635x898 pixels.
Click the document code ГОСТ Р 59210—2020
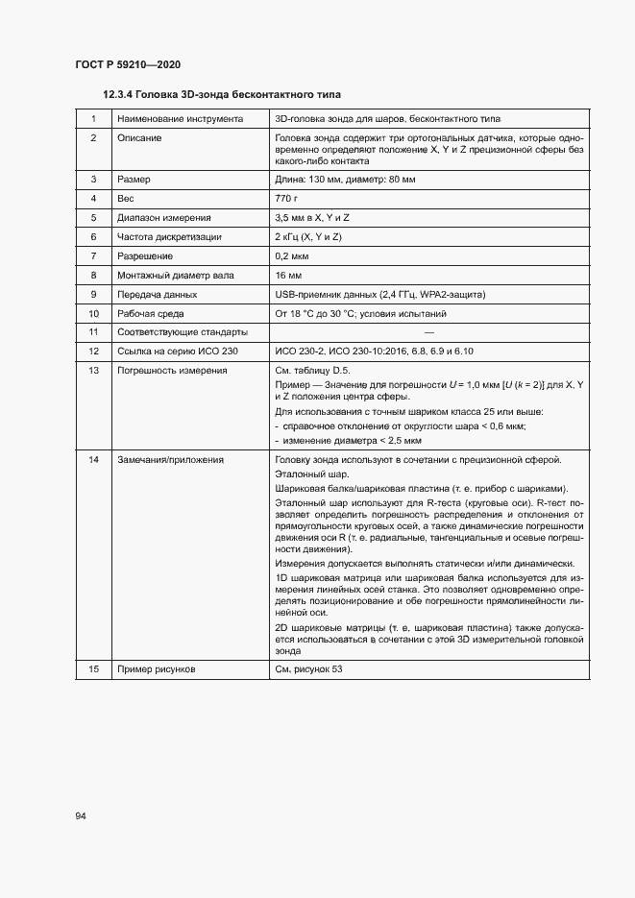[127, 64]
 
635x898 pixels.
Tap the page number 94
[82, 815]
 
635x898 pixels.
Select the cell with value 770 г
[289, 198]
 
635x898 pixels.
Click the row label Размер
[134, 179]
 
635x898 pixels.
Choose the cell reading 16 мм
[288, 275]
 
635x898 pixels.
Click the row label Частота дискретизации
[169, 236]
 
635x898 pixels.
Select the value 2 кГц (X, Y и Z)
[308, 236]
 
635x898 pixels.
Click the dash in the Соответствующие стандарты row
[428, 332]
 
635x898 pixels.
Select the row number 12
[94, 352]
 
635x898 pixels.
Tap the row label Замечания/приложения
[170, 459]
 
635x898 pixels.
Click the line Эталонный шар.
[312, 473]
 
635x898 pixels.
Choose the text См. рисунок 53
[308, 668]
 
